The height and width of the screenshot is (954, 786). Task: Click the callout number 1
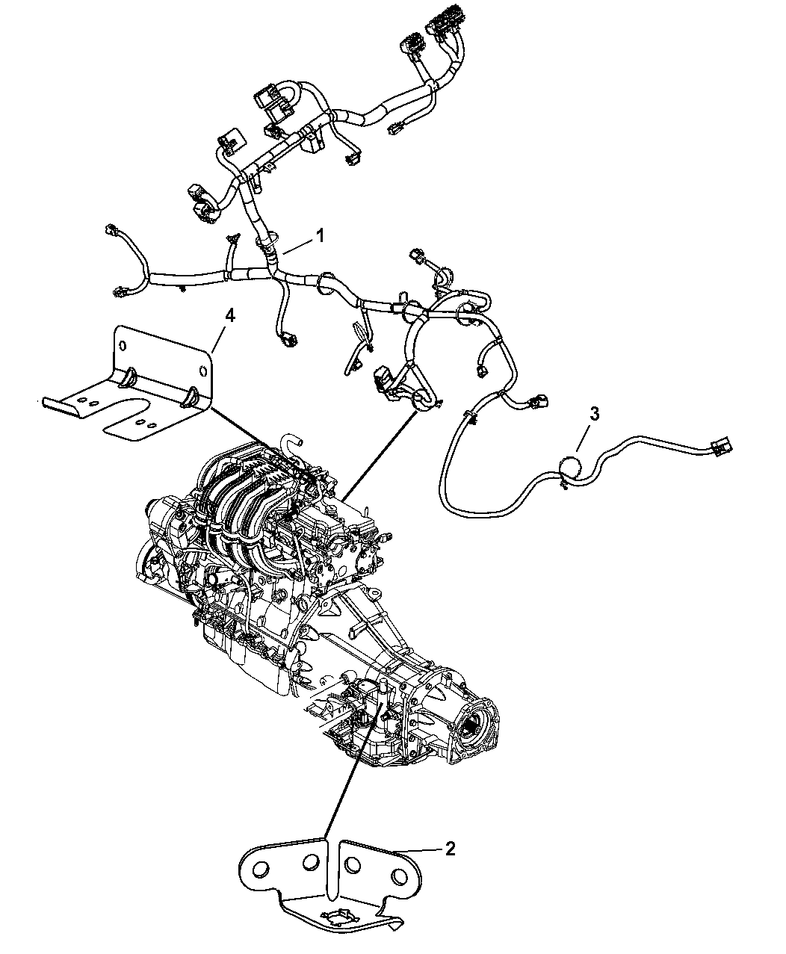(321, 237)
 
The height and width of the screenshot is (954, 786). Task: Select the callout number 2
(450, 849)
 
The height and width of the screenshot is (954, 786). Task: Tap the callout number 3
(594, 414)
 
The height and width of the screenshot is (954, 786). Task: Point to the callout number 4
(230, 315)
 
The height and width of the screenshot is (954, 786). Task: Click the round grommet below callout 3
(570, 468)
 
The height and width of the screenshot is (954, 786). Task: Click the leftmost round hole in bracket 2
(261, 869)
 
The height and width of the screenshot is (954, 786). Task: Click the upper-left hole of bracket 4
(123, 346)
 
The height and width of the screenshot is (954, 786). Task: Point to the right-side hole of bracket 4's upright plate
(202, 371)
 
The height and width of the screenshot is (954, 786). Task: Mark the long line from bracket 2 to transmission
(353, 772)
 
